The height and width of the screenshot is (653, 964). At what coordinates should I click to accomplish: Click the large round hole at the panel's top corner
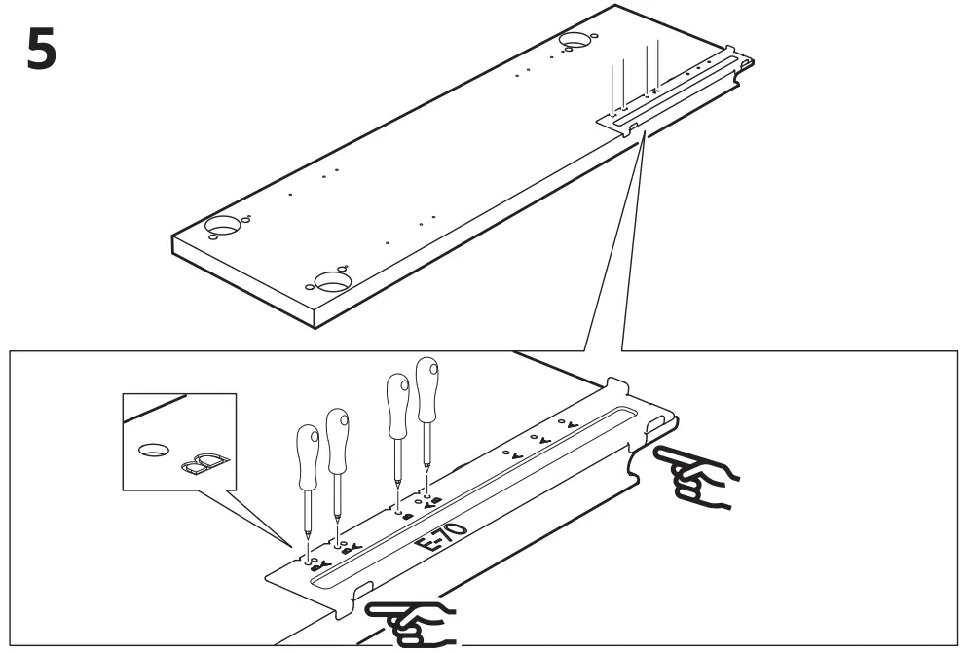click(577, 41)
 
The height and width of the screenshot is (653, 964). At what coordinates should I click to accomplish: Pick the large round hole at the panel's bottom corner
click(332, 282)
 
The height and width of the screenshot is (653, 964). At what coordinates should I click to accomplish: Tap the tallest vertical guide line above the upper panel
click(658, 62)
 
